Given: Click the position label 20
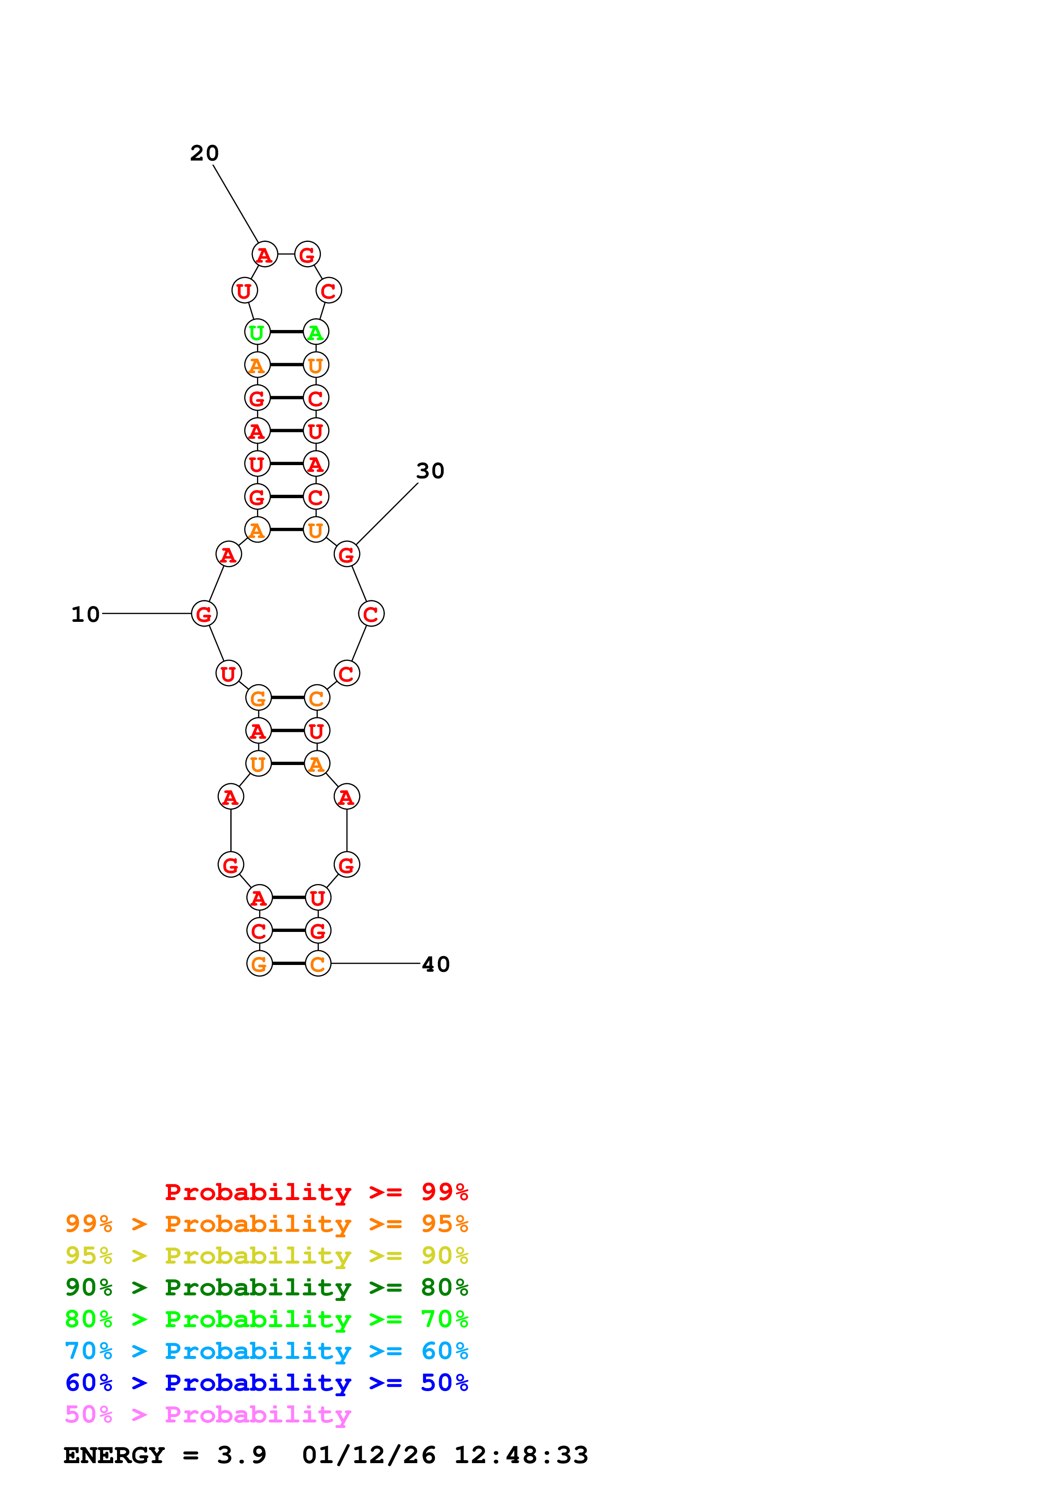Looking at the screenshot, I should (x=204, y=153).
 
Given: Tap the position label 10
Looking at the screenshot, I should (x=86, y=614).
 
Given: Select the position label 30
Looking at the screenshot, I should (x=430, y=471).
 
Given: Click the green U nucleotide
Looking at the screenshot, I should (x=257, y=332).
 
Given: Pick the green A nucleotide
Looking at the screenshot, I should (x=316, y=332).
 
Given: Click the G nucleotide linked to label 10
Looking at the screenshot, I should (x=204, y=613).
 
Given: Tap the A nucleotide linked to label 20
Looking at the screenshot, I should (x=264, y=254).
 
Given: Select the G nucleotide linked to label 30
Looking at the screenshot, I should (x=346, y=554).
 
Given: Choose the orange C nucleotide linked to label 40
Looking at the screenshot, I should (x=317, y=964).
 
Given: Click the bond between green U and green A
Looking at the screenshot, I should (x=286, y=332).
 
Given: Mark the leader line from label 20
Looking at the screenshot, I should (x=236, y=204).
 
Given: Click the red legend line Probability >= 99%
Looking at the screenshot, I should (x=316, y=1192).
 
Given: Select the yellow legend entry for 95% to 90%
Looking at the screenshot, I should (x=266, y=1256).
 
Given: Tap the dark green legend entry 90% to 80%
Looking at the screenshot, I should (x=266, y=1287).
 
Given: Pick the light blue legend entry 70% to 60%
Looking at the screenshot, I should (x=266, y=1351).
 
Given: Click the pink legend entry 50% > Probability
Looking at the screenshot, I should (x=208, y=1414).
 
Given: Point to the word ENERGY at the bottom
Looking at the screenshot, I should (x=114, y=1455).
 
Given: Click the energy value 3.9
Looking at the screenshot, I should (x=242, y=1455).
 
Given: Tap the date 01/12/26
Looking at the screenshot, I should (x=368, y=1455).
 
